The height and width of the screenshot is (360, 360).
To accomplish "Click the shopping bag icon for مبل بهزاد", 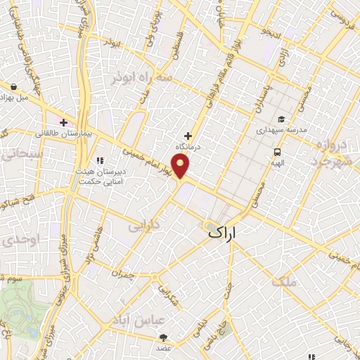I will click(x=14, y=87).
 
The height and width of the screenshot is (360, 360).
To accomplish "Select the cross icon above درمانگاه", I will click(x=188, y=136).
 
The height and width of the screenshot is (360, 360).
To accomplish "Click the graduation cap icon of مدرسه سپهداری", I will click(x=281, y=120).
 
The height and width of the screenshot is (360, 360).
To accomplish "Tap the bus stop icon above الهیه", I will click(x=277, y=151).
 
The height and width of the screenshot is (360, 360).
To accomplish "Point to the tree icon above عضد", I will click(x=164, y=337).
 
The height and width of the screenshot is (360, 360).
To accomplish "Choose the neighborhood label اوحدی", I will click(x=13, y=239).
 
